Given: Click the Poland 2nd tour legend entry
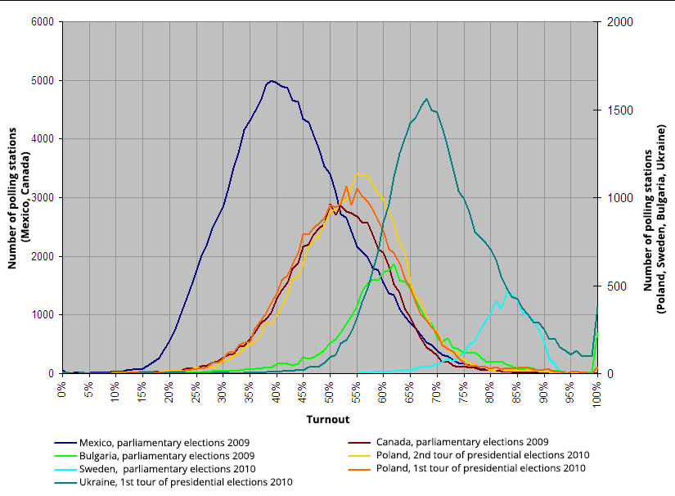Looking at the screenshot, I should coord(482,455).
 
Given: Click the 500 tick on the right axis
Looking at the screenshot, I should coord(615,286).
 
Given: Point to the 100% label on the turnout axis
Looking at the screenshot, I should coord(597,392).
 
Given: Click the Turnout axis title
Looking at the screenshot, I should coord(328,419).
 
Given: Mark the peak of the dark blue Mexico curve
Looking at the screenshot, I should coord(271,81).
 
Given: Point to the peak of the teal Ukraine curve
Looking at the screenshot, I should coord(426,99).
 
